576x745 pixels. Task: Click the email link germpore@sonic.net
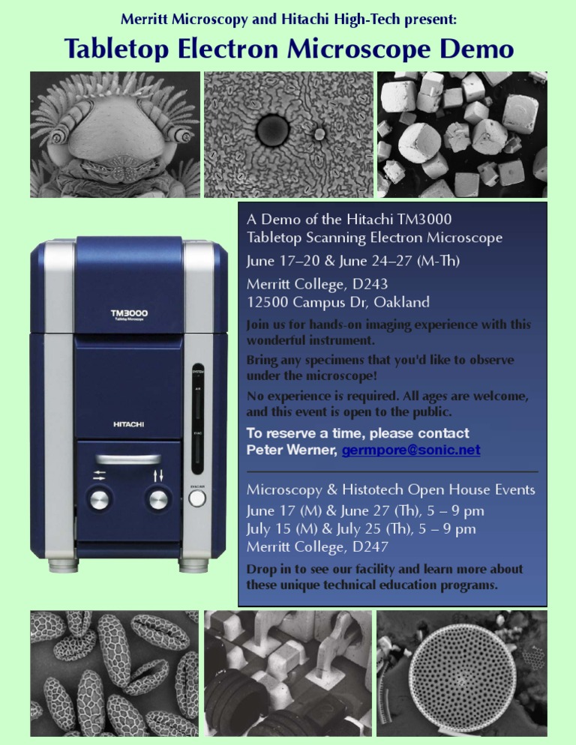pyautogui.click(x=411, y=450)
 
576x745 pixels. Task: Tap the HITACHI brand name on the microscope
pyautogui.click(x=129, y=424)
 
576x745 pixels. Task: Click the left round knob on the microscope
pyautogui.click(x=99, y=499)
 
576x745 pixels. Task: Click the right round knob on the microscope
pyautogui.click(x=157, y=499)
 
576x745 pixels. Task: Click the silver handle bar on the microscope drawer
pyautogui.click(x=127, y=459)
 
